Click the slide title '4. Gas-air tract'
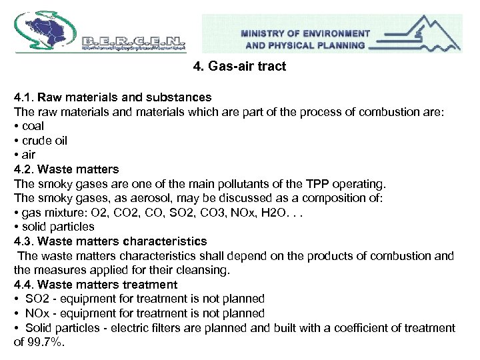tap(239, 67)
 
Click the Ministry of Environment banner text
tap(305, 39)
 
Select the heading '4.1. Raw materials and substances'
tap(113, 97)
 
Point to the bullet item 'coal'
tap(32, 126)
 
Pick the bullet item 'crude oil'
tap(44, 141)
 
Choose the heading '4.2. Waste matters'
tap(66, 169)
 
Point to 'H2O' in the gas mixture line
tap(285, 213)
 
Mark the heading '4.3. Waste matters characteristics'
tap(110, 241)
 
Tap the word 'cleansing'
tap(205, 270)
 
